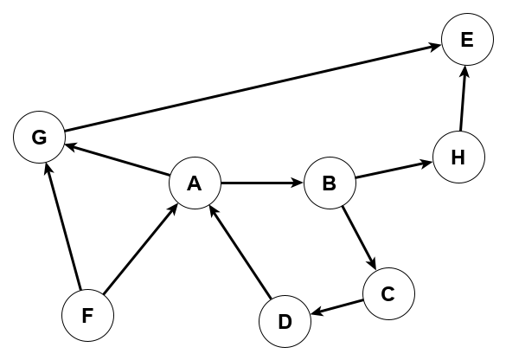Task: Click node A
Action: pyautogui.click(x=195, y=183)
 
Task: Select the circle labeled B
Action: pyautogui.click(x=330, y=183)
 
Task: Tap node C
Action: pyautogui.click(x=388, y=293)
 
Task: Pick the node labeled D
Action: pyautogui.click(x=285, y=321)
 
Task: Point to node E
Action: pyautogui.click(x=467, y=41)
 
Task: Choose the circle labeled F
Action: pyautogui.click(x=88, y=315)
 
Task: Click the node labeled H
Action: pyautogui.click(x=458, y=157)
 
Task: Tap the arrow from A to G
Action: pyautogui.click(x=117, y=160)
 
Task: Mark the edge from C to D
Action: pyautogui.click(x=336, y=307)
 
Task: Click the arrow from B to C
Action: pyautogui.click(x=358, y=238)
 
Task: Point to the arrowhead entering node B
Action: pyautogui.click(x=296, y=183)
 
